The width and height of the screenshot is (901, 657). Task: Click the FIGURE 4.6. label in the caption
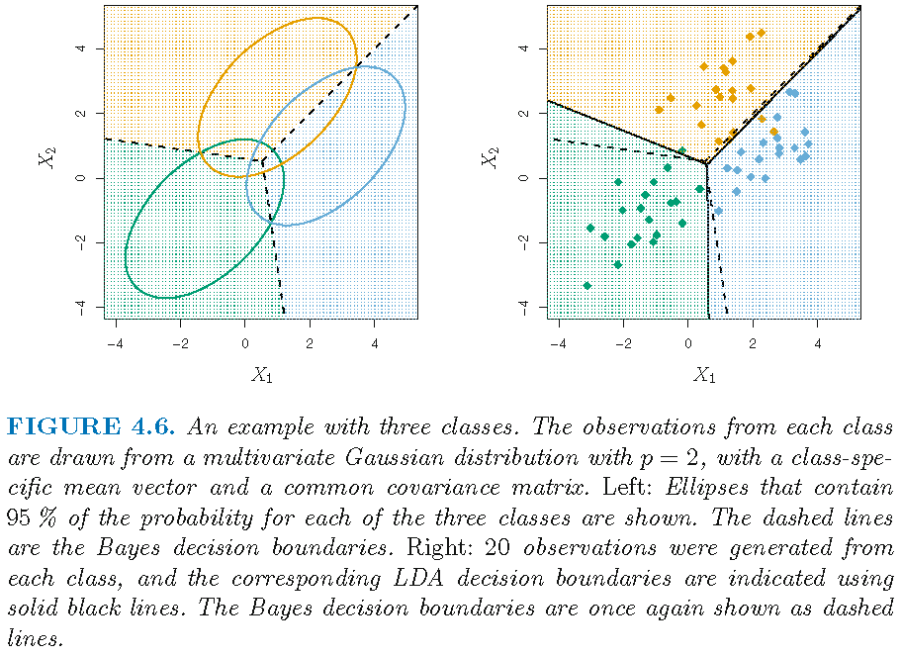(x=91, y=427)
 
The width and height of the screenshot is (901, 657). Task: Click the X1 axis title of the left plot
(x=261, y=374)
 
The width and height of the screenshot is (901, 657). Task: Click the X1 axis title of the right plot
(x=704, y=374)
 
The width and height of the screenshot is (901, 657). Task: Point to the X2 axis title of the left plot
(x=45, y=155)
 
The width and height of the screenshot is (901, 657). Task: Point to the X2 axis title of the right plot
(x=489, y=155)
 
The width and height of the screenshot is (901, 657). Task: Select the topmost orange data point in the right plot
(x=761, y=33)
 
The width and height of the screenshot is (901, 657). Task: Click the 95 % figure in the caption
(x=27, y=519)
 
